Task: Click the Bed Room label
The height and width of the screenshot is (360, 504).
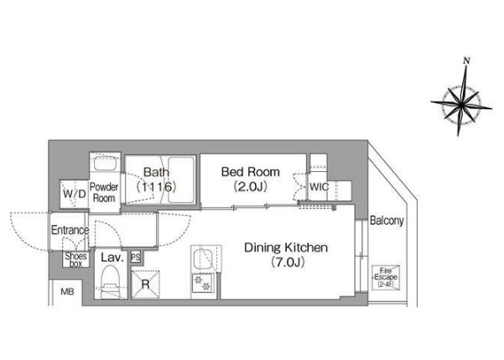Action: pyautogui.click(x=251, y=172)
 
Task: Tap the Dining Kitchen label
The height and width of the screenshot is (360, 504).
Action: pyautogui.click(x=286, y=248)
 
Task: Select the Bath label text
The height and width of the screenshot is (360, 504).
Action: pyautogui.click(x=156, y=172)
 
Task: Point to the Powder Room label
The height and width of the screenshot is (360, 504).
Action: pyautogui.click(x=104, y=192)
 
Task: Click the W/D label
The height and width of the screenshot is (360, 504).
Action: pyautogui.click(x=75, y=194)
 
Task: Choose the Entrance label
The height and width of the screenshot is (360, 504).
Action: pyautogui.click(x=70, y=230)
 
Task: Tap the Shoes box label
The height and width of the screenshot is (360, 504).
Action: pyautogui.click(x=75, y=259)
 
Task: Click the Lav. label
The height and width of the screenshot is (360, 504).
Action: pyautogui.click(x=112, y=258)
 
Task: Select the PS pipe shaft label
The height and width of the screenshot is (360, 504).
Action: pyautogui.click(x=136, y=258)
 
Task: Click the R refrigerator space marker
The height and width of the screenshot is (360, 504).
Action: pyautogui.click(x=146, y=284)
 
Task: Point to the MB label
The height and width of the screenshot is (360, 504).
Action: pyautogui.click(x=67, y=291)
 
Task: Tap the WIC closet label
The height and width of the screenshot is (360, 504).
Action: pyautogui.click(x=320, y=187)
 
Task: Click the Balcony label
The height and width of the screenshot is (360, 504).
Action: pyautogui.click(x=387, y=221)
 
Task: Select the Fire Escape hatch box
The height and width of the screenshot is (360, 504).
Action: pyautogui.click(x=386, y=277)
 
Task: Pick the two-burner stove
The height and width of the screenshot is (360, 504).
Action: pyautogui.click(x=202, y=283)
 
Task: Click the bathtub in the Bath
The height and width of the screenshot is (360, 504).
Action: pyautogui.click(x=181, y=180)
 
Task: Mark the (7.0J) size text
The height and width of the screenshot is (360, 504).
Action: pyautogui.click(x=288, y=263)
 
